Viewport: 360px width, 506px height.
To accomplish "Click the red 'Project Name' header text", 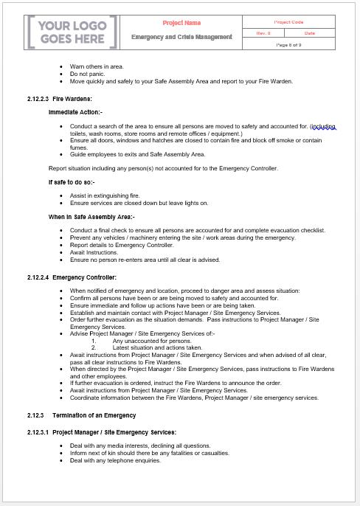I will click(x=181, y=23).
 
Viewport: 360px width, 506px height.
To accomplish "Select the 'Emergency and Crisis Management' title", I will click(x=181, y=37).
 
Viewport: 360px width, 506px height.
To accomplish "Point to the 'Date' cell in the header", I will click(x=309, y=34).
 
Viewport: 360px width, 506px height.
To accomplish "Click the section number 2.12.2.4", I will click(x=37, y=277).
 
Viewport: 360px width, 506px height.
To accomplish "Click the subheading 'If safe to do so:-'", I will click(x=71, y=181).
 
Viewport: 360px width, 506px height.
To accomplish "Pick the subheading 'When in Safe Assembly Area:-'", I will click(x=91, y=217).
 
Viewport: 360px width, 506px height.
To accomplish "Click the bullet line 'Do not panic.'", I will click(x=88, y=74).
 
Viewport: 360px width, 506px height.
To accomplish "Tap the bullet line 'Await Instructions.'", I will click(x=95, y=252).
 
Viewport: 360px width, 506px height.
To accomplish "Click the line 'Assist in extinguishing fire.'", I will click(x=105, y=195).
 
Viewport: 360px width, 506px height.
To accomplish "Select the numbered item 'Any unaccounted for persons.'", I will click(x=151, y=341).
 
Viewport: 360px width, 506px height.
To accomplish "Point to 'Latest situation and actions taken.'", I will click(x=157, y=347).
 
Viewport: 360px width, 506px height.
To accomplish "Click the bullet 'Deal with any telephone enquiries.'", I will click(x=115, y=460).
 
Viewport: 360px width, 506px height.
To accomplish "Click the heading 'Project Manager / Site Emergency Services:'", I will click(x=114, y=432).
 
